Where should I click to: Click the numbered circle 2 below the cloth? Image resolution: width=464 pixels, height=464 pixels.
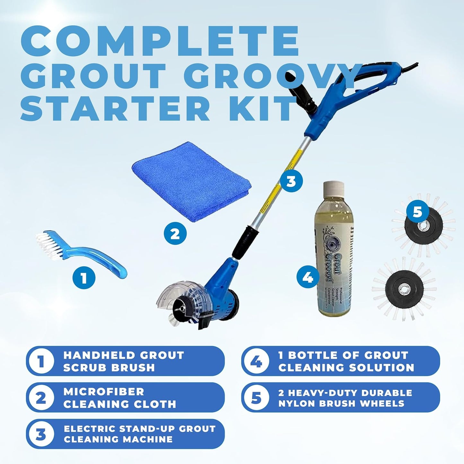click(175, 234)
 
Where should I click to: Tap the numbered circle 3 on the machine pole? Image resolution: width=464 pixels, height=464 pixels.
click(291, 181)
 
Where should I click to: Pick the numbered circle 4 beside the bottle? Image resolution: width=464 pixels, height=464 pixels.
click(308, 276)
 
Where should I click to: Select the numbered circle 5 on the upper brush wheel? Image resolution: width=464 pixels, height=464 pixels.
click(417, 212)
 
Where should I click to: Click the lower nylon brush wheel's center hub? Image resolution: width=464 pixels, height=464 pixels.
click(403, 289)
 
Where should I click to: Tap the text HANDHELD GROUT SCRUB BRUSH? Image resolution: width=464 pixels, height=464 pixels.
click(124, 361)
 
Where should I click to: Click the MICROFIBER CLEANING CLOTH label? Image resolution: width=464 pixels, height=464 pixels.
click(119, 398)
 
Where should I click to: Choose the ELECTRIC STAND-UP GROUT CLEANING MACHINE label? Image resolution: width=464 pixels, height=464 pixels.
click(139, 434)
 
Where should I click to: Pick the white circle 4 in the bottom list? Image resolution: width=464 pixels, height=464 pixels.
click(256, 361)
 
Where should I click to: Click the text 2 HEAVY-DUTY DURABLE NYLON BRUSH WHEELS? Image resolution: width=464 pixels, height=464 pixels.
click(345, 398)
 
